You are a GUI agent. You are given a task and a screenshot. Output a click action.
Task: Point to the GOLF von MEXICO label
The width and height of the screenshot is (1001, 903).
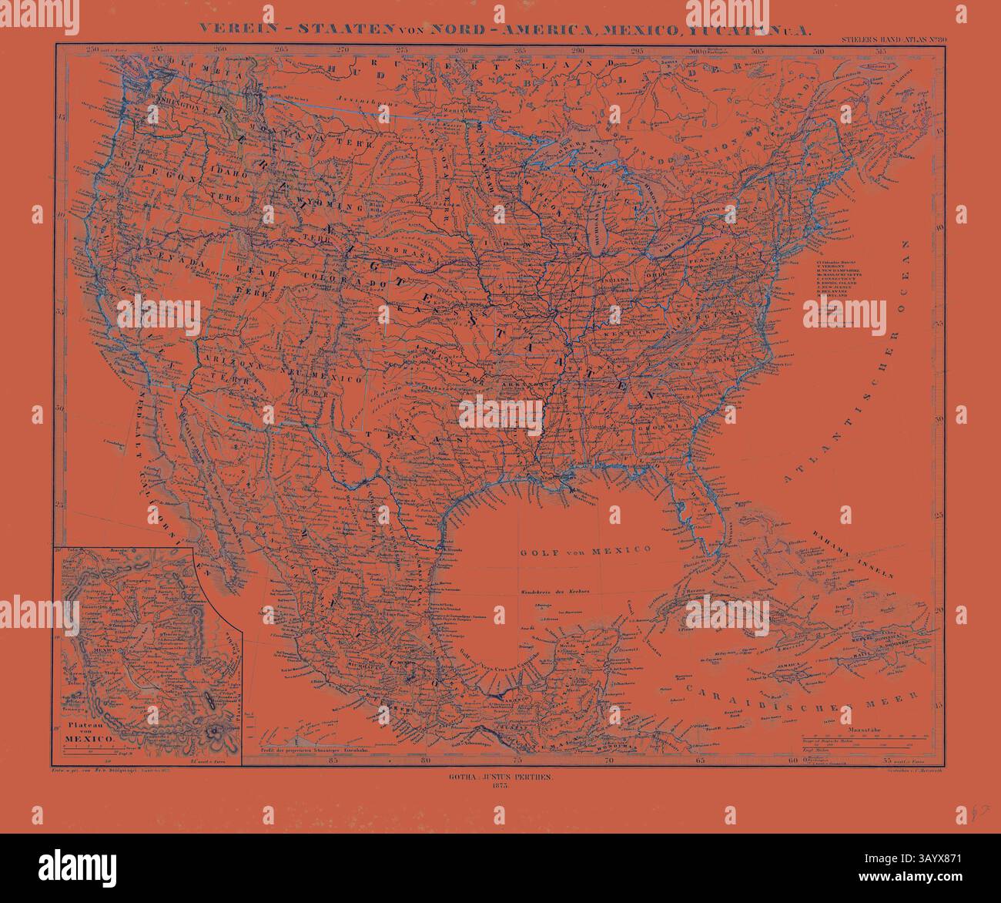(584, 550)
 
